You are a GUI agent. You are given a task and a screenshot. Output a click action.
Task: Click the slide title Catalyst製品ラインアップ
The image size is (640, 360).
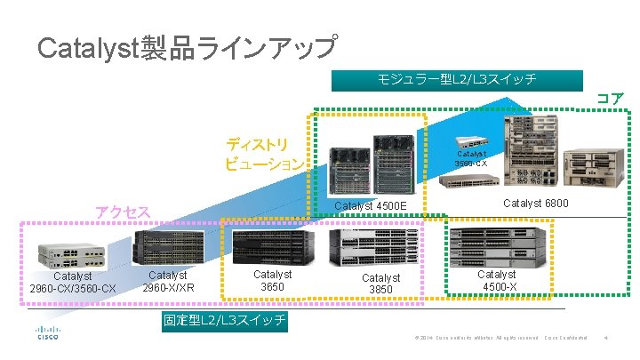[187, 47]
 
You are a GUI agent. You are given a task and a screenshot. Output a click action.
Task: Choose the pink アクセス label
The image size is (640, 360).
[123, 212]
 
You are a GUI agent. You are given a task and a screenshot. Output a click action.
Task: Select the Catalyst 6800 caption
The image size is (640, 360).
[536, 204]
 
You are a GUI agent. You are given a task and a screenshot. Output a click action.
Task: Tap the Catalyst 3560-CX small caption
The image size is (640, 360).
[471, 158]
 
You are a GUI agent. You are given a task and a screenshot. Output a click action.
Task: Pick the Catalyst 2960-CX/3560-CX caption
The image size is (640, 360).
[72, 283]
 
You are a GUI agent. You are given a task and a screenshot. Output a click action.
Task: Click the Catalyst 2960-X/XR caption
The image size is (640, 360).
[168, 282]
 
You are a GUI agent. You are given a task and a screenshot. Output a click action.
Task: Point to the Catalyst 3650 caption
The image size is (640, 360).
[272, 281]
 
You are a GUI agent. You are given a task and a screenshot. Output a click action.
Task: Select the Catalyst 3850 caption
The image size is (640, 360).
[380, 284]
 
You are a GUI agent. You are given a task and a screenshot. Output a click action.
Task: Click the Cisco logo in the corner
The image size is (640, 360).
[47, 332]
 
